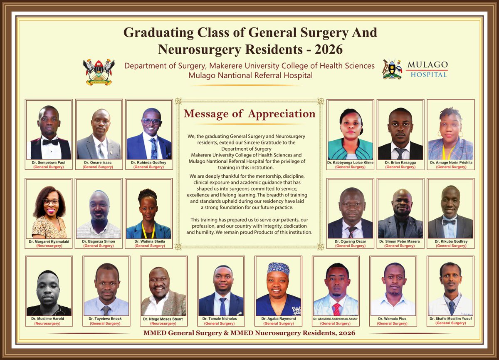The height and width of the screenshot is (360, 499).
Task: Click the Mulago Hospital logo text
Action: coord(427,70)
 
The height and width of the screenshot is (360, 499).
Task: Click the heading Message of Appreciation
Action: coord(249,114)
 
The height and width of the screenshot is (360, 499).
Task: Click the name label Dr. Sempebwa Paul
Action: coord(49,163)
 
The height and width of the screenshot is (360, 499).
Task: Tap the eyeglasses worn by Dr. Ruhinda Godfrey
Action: coord(151,122)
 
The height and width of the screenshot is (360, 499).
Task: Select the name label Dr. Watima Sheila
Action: coord(148,241)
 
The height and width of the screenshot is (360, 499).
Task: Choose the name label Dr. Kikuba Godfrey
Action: coord(450,241)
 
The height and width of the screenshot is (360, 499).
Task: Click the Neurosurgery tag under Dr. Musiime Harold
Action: coord(49,323)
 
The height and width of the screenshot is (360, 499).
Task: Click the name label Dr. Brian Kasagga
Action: coord(400,163)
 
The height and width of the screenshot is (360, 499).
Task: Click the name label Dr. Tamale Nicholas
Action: coord(221,319)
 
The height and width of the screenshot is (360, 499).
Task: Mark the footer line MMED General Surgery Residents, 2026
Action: coord(249,333)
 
